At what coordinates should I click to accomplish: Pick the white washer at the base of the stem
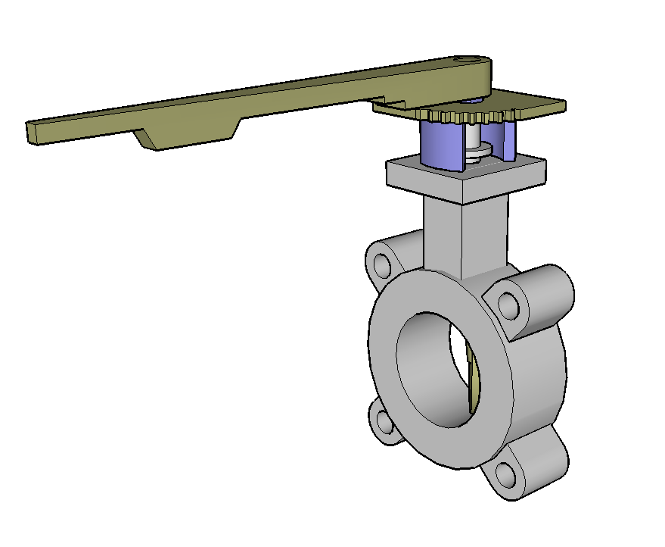477,156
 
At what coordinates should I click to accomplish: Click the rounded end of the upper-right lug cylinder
556,292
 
